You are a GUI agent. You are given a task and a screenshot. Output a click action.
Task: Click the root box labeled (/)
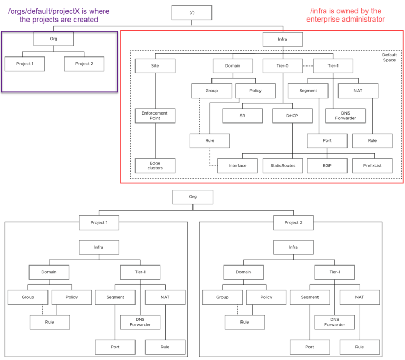(192, 13)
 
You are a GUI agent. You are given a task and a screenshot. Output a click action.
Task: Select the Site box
(155, 66)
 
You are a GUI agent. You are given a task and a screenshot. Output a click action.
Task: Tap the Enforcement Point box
(155, 116)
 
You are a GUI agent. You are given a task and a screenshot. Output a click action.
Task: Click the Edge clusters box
(155, 166)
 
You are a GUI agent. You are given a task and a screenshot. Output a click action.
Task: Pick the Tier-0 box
(283, 66)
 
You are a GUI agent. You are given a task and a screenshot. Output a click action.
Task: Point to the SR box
(242, 116)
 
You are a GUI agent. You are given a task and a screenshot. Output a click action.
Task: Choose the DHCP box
(292, 116)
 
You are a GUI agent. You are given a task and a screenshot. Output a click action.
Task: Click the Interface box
(237, 166)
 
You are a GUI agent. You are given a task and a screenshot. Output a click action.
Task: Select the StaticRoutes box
(283, 166)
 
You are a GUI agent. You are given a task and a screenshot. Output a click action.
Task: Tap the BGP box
(327, 166)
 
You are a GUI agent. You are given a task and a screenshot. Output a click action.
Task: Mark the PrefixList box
(372, 166)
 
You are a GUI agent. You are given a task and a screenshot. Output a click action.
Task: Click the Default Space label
(389, 58)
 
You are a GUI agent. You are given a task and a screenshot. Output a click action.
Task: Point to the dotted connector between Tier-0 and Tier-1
(308, 66)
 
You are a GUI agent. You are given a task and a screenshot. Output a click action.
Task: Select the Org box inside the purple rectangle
(53, 39)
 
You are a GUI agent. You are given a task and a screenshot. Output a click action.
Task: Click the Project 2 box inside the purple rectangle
(84, 64)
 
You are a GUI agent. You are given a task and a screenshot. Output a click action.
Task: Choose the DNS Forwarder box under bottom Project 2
(334, 322)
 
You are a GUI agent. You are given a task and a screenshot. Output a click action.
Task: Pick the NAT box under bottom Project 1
(165, 297)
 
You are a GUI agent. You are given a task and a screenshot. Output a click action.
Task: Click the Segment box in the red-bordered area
(308, 91)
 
